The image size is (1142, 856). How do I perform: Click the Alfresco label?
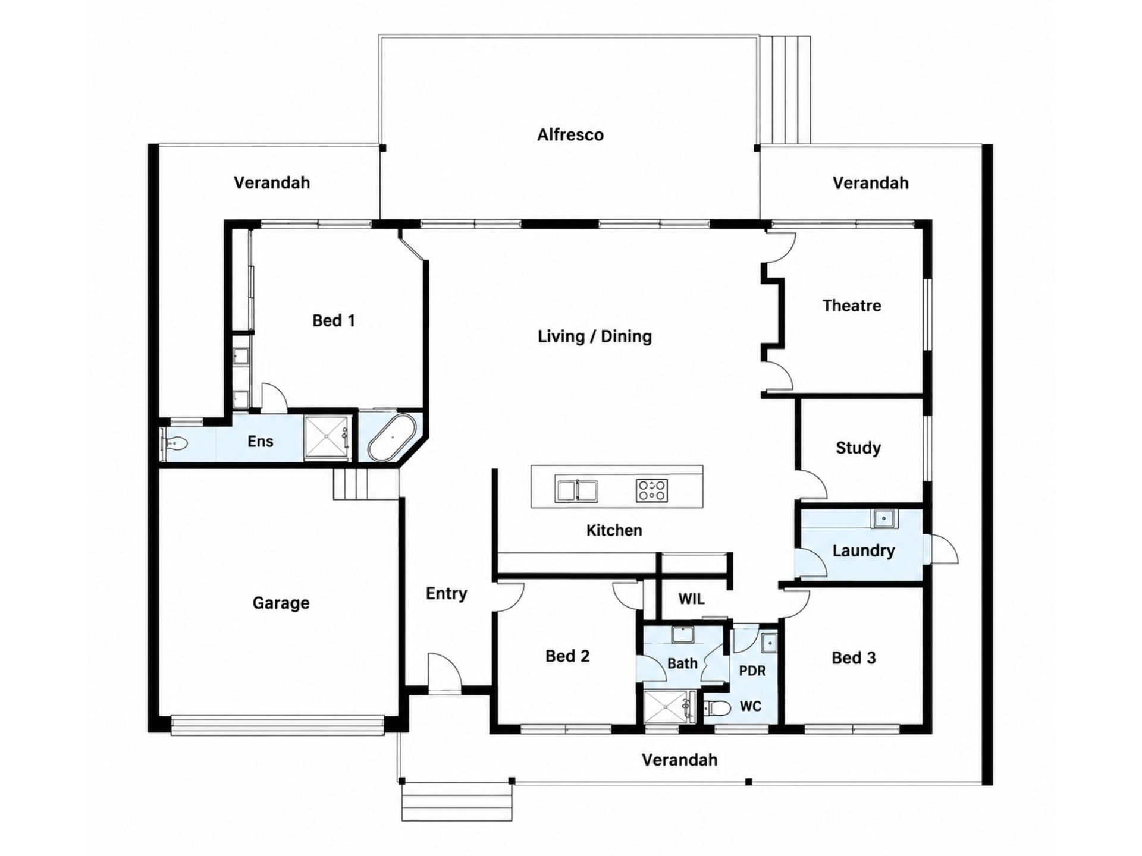(570, 135)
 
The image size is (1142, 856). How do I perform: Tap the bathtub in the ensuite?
(392, 438)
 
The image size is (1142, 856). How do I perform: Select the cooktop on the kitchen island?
(651, 490)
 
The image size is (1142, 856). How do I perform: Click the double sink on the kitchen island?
(576, 490)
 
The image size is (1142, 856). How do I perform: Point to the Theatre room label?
(852, 306)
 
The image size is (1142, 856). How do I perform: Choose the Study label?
(858, 448)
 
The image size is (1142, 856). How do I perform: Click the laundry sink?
(884, 519)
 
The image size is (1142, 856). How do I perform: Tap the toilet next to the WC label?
(717, 707)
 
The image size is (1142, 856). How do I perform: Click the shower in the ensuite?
(327, 438)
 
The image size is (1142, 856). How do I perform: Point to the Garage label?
(281, 603)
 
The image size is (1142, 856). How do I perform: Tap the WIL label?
(691, 599)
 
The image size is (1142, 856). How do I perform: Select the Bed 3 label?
(854, 657)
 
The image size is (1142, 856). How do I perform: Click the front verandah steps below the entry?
(457, 802)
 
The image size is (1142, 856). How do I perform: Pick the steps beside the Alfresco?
(785, 90)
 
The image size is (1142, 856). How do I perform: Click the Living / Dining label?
(595, 336)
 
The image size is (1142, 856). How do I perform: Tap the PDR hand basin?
(768, 643)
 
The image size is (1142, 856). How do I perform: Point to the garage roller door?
(278, 725)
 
